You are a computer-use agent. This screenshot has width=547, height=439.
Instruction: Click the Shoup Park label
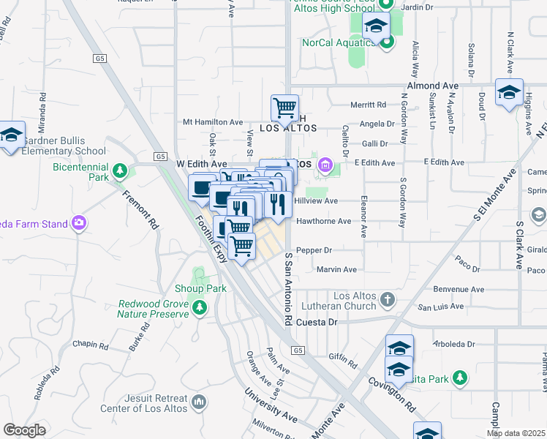coord(200,288)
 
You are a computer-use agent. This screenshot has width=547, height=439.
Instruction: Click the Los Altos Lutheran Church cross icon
coord(388,299)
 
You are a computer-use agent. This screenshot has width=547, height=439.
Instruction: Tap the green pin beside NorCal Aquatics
coord(387,41)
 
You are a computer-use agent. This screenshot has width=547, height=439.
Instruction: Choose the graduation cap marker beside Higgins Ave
coord(509,93)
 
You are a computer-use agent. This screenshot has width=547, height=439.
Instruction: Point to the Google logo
coord(24,429)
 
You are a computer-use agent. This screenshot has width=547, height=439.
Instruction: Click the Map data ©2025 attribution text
coord(516,433)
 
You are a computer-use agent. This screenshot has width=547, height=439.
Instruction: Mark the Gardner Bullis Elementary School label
coord(64,146)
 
